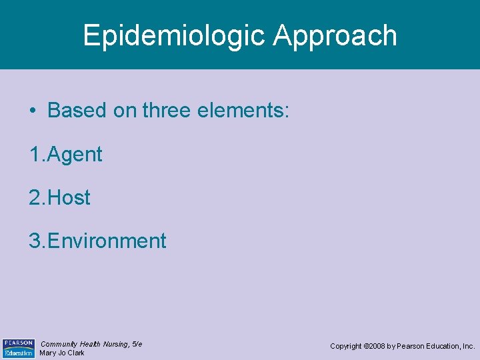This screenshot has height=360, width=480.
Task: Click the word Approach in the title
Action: [x=335, y=35]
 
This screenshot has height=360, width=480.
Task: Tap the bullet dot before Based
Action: [x=33, y=111]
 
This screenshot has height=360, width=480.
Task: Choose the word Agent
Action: [x=74, y=155]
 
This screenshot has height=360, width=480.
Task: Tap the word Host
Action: [x=69, y=197]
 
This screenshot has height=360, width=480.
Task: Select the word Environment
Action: [x=107, y=240]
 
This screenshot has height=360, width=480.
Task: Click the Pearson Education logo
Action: [x=19, y=347]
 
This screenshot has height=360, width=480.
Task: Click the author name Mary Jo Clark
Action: [x=62, y=353]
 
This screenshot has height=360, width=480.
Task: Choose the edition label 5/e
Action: [x=137, y=343]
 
